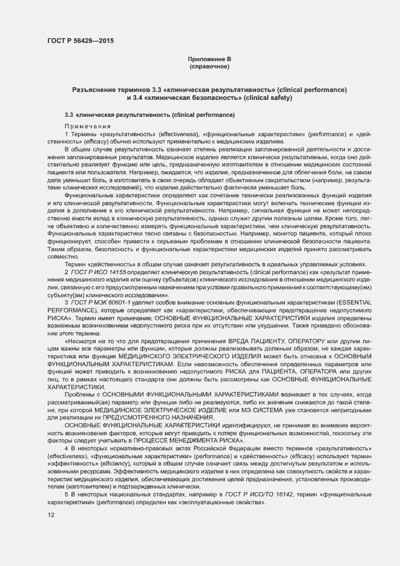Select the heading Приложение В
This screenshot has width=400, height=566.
point(209,59)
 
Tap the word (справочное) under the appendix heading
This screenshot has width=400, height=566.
point(209,66)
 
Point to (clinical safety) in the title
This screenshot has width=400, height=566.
point(267,97)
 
